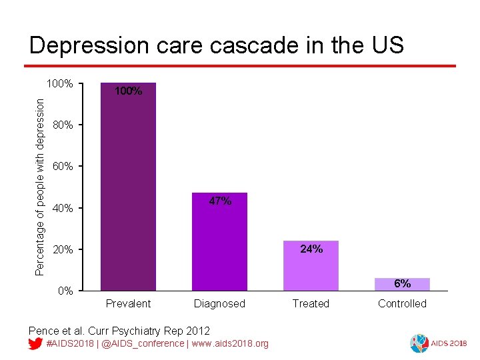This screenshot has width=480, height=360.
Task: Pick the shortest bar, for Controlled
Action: (x=402, y=285)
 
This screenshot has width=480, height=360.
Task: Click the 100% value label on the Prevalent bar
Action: (x=128, y=91)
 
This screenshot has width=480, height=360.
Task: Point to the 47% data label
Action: (x=220, y=201)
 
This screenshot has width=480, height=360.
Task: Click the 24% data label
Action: (x=311, y=249)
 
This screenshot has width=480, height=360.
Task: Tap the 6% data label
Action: (x=402, y=283)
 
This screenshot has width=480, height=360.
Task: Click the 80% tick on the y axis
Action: (x=63, y=125)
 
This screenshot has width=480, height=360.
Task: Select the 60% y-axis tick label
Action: (x=63, y=167)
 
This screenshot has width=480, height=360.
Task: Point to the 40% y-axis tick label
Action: (x=63, y=209)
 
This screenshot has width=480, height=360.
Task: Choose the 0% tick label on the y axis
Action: (x=65, y=291)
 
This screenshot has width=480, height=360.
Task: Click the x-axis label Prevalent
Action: (x=128, y=304)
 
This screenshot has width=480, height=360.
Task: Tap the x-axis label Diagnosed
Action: (x=219, y=304)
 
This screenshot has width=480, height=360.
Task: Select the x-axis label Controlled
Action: (x=402, y=304)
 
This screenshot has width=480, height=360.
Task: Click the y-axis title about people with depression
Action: (x=40, y=187)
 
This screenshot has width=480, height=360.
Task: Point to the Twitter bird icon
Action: (x=36, y=343)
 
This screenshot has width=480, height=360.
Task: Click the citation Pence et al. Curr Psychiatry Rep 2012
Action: (x=119, y=330)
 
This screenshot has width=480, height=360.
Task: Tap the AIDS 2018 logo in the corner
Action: (x=438, y=343)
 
